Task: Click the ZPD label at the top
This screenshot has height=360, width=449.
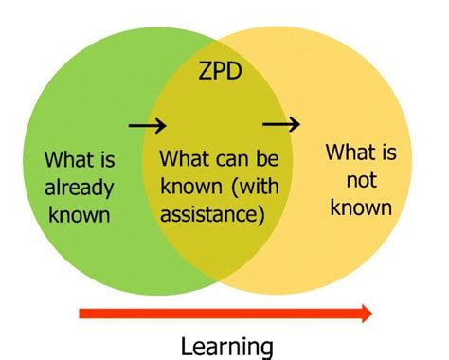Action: [220, 71]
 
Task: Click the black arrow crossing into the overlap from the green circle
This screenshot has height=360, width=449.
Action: [148, 124]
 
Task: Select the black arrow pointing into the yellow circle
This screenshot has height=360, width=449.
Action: [281, 123]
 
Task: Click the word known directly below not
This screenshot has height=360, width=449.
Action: [360, 206]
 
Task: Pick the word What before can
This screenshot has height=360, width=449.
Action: [188, 157]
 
